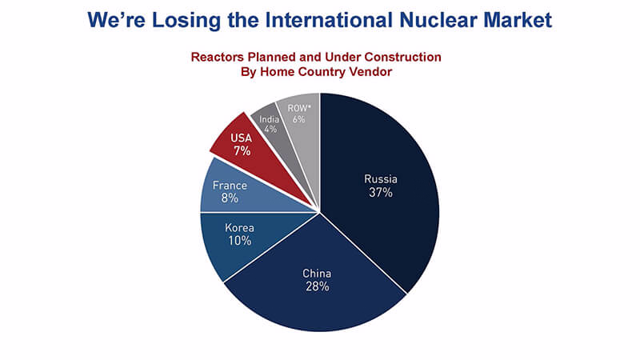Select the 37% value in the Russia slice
click(381, 192)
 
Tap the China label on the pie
click(317, 273)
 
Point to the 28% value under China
click(317, 286)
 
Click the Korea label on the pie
click(239, 227)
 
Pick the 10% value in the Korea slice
click(239, 241)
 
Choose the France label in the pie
click(230, 186)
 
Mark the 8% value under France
click(230, 198)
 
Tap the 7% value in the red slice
click(242, 151)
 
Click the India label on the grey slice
click(270, 119)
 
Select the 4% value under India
click(270, 130)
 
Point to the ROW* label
click(299, 108)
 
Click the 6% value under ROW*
click(298, 119)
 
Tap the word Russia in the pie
click(381, 178)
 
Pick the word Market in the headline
click(518, 19)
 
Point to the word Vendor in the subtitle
click(372, 71)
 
